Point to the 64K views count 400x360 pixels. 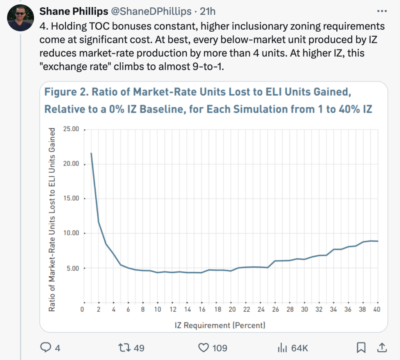300,347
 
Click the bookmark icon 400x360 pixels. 361,347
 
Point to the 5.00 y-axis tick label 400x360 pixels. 73,269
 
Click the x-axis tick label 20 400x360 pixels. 232,310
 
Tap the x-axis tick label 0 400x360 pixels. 82,310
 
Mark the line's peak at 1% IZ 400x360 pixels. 91,153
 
